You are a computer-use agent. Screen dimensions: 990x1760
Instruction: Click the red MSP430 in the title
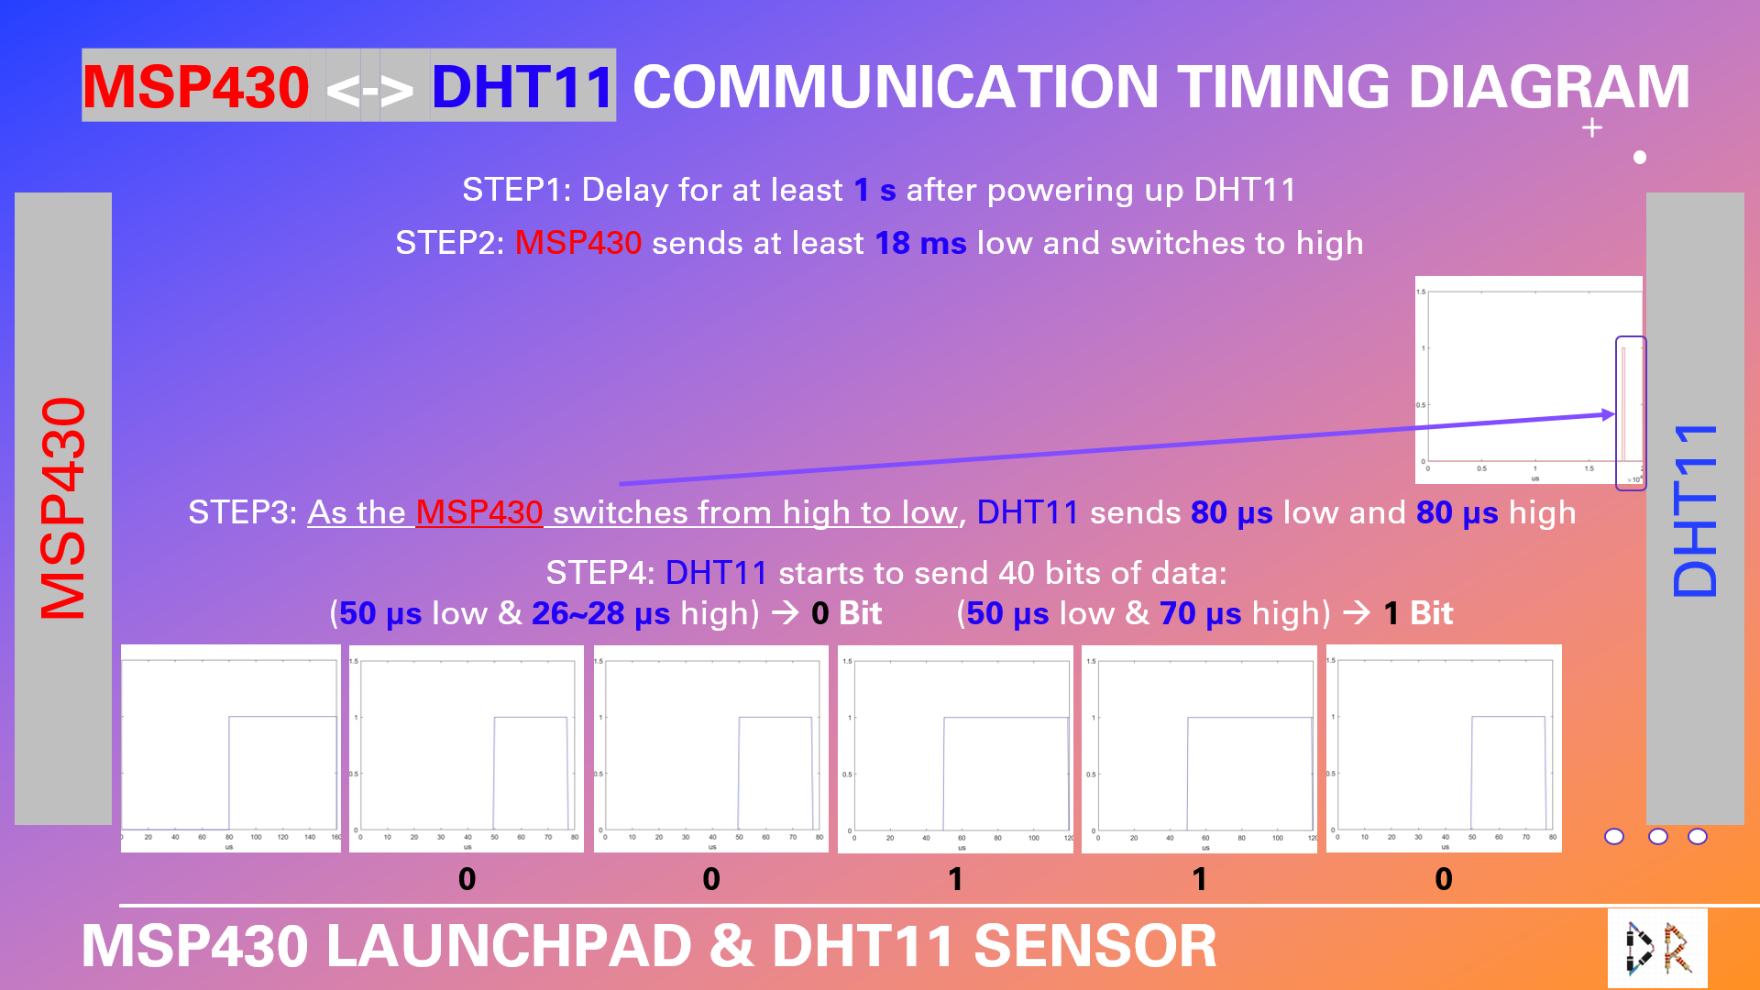coord(196,87)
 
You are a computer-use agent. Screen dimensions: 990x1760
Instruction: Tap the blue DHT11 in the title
coord(522,87)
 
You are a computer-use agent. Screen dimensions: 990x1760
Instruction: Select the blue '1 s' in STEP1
coord(874,190)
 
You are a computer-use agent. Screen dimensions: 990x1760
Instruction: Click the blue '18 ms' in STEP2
coord(920,243)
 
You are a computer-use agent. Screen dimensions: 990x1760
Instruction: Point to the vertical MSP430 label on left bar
coord(63,509)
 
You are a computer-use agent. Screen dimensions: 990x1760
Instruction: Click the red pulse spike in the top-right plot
coord(1622,403)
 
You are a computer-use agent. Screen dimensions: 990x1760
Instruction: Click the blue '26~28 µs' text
coord(600,613)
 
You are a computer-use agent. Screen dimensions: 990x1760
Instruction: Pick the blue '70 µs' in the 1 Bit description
coord(1200,613)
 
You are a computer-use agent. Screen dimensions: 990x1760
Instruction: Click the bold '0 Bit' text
coord(846,613)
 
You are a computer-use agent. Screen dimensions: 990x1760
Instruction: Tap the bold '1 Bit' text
coord(1418,613)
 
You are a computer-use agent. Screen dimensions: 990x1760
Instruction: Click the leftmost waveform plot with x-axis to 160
coord(230,748)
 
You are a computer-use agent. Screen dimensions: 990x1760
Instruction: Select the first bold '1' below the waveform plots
coord(955,879)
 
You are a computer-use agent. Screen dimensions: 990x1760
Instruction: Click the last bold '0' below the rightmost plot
coord(1444,879)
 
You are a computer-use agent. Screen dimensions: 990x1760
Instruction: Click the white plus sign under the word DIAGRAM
coord(1592,128)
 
